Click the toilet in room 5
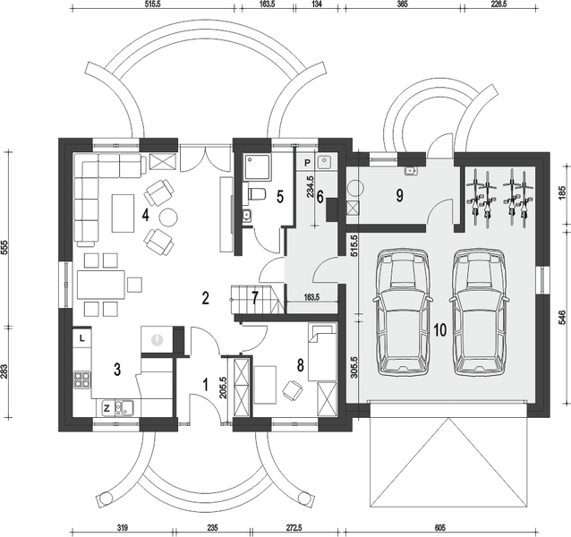(x=256, y=195)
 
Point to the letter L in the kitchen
(x=81, y=338)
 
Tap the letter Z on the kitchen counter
(x=107, y=408)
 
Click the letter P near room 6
(x=307, y=163)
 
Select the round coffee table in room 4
(x=168, y=216)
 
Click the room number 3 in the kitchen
(x=117, y=369)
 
